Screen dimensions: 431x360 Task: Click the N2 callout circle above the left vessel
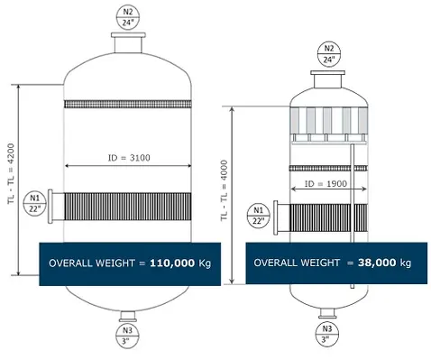coord(128,17)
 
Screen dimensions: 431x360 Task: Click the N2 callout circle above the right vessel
coord(329,54)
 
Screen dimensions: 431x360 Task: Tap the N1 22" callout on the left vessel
coord(35,203)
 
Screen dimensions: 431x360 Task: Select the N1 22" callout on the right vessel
coord(259,216)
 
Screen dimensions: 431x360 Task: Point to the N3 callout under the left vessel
coord(127,336)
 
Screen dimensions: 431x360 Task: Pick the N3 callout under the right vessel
coord(327,335)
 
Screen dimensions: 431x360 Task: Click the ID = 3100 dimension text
coord(129,158)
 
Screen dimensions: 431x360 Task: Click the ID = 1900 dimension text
coord(326,183)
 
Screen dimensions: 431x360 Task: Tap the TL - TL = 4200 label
coord(11,173)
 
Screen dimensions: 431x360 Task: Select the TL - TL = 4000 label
coord(224,190)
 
